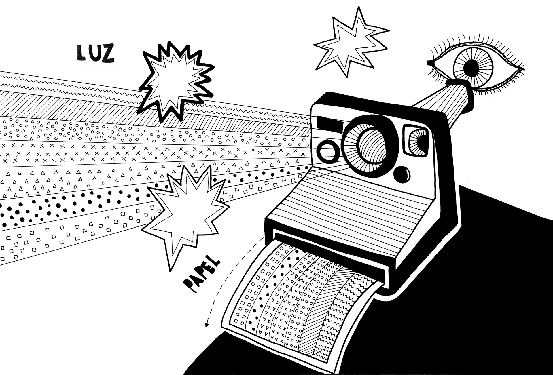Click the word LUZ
coord(95,54)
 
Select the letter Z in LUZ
coord(108,54)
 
